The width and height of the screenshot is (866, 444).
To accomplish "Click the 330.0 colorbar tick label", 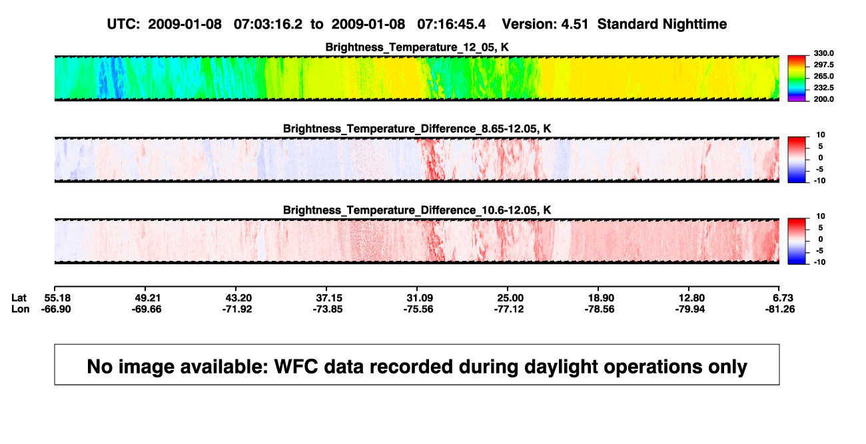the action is (823, 53).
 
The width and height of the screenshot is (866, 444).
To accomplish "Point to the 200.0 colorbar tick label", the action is (823, 99).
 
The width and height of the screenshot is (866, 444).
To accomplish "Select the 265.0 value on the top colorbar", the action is (823, 76).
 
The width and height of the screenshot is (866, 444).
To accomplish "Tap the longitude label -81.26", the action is (780, 309).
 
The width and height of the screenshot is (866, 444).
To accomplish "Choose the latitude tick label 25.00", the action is (510, 298).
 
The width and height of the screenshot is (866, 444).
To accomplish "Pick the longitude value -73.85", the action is (328, 309).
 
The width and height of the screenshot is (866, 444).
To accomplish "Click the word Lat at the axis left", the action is (19, 298).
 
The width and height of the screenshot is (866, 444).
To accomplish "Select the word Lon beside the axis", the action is (21, 309).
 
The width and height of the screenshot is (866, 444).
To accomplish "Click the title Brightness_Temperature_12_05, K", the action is (417, 47).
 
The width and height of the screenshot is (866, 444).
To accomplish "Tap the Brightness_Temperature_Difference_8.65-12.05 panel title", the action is (417, 128).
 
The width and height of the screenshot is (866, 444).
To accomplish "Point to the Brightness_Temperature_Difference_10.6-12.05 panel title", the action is (417, 210).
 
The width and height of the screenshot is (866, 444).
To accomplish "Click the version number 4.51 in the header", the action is (574, 24).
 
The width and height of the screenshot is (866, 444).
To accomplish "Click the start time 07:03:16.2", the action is (268, 24).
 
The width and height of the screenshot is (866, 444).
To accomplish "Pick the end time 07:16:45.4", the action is (451, 24).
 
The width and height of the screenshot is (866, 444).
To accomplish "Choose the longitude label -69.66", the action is (147, 309).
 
